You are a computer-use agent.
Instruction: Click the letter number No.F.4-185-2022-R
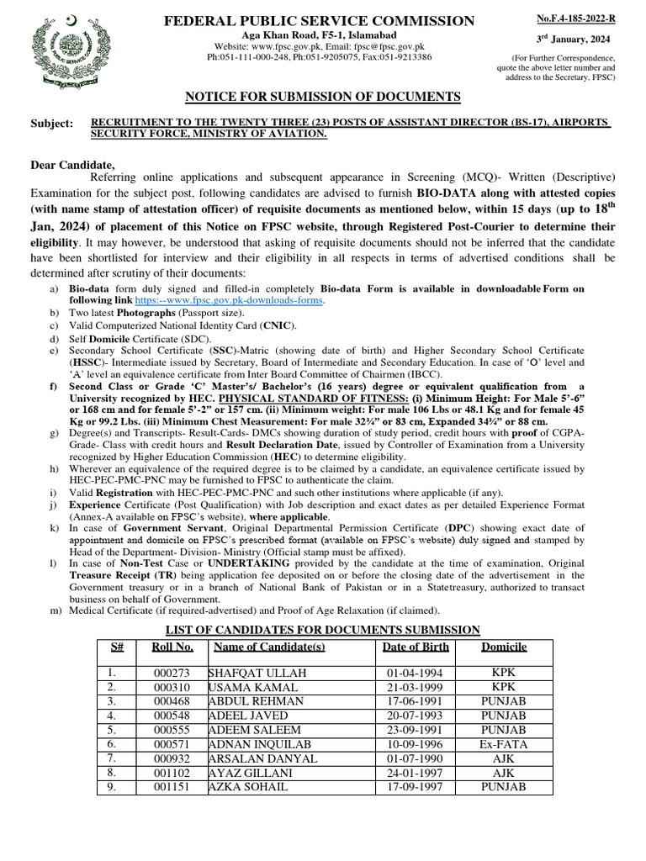[x=576, y=18]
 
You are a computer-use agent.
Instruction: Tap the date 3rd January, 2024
[x=575, y=40]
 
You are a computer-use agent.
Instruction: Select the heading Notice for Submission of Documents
[x=322, y=97]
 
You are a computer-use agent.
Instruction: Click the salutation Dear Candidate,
[x=72, y=164]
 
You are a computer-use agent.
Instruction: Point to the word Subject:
[x=51, y=123]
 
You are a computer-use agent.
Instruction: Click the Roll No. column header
[x=172, y=647]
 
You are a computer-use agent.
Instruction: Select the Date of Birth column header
[x=416, y=647]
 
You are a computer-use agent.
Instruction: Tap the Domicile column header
[x=504, y=647]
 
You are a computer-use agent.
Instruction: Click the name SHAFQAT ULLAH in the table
[x=257, y=673]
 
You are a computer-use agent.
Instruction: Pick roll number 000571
[x=172, y=744]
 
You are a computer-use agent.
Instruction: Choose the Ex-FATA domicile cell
[x=504, y=744]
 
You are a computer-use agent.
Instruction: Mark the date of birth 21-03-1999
[x=416, y=688]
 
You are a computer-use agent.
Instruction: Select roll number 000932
[x=172, y=758]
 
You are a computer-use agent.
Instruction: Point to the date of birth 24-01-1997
[x=416, y=773]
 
